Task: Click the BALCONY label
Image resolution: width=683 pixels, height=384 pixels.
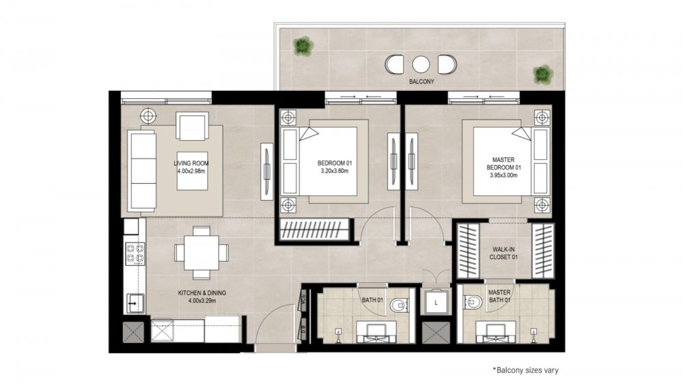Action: pyautogui.click(x=421, y=81)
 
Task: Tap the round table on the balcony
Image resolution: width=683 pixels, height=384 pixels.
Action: pyautogui.click(x=421, y=64)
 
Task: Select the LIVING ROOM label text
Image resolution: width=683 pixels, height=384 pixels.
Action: pyautogui.click(x=191, y=163)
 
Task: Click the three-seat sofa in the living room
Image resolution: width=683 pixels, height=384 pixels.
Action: pyautogui.click(x=141, y=172)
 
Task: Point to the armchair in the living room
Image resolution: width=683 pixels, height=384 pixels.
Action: pyautogui.click(x=192, y=126)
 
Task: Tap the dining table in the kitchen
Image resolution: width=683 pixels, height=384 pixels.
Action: pyautogui.click(x=201, y=253)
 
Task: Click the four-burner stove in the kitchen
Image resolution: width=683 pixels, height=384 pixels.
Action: pyautogui.click(x=135, y=254)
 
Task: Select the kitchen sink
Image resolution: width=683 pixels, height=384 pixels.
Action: pyautogui.click(x=135, y=303)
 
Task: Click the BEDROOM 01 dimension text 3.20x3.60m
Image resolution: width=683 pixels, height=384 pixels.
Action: pyautogui.click(x=335, y=172)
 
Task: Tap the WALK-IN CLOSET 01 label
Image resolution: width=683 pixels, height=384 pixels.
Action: pyautogui.click(x=503, y=253)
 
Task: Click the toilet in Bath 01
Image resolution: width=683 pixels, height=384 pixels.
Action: pyautogui.click(x=399, y=305)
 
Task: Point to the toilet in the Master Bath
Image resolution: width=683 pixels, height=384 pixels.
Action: pyautogui.click(x=473, y=301)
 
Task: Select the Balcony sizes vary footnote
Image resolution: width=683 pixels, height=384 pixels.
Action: pyautogui.click(x=525, y=370)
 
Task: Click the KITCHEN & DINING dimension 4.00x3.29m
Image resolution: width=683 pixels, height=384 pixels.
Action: pyautogui.click(x=201, y=301)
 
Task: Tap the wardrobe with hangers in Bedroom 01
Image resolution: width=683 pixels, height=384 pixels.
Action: pyautogui.click(x=314, y=229)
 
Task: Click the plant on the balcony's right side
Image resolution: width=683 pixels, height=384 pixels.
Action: pyautogui.click(x=543, y=74)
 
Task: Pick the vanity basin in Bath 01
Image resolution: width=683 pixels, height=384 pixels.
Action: pyautogui.click(x=376, y=331)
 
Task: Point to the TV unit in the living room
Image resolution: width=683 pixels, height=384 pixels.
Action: pyautogui.click(x=266, y=172)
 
